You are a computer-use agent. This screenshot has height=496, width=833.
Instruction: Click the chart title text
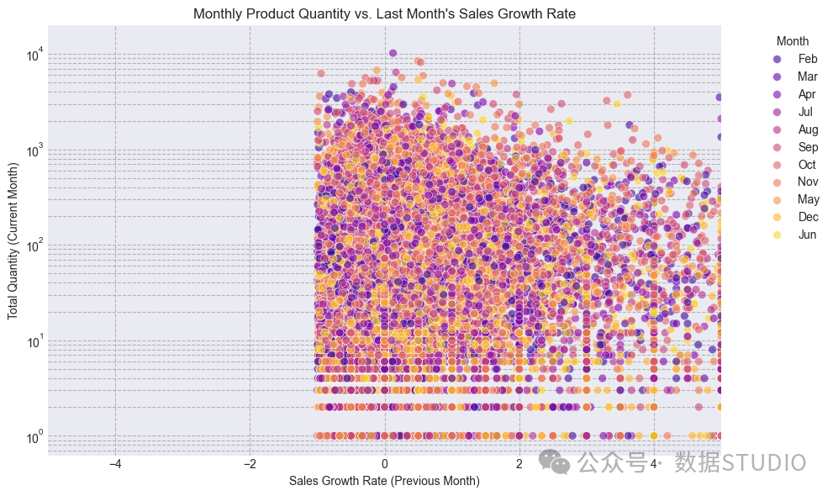[x=384, y=13]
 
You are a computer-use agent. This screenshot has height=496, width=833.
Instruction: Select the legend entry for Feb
[x=795, y=59]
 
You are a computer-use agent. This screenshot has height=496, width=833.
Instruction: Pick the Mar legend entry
[x=795, y=77]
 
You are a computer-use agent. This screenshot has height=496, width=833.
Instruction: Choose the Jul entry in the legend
[x=793, y=112]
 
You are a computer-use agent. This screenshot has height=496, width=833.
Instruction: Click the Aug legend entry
[x=795, y=129]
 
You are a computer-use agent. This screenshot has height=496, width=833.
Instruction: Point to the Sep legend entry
[x=795, y=147]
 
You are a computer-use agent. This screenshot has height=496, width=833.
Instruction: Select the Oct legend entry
[x=794, y=165]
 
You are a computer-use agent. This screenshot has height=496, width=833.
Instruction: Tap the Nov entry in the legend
[x=795, y=182]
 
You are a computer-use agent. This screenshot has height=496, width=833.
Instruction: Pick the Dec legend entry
[x=795, y=217]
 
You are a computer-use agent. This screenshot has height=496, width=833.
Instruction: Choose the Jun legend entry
[x=794, y=235]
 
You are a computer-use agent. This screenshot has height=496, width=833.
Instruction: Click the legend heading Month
[x=792, y=41]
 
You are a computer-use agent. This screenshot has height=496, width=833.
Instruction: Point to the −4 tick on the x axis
[x=115, y=464]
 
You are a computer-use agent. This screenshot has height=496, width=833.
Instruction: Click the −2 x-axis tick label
[x=250, y=464]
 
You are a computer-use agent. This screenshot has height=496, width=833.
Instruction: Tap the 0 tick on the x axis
[x=385, y=464]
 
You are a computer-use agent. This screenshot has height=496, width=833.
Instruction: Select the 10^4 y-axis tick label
[x=35, y=55]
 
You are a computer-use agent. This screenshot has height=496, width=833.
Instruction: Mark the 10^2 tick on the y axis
[x=35, y=246]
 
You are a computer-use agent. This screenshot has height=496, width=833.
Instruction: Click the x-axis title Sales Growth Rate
[x=384, y=481]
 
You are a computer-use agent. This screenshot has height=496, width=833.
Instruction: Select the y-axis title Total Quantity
[x=13, y=241]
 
